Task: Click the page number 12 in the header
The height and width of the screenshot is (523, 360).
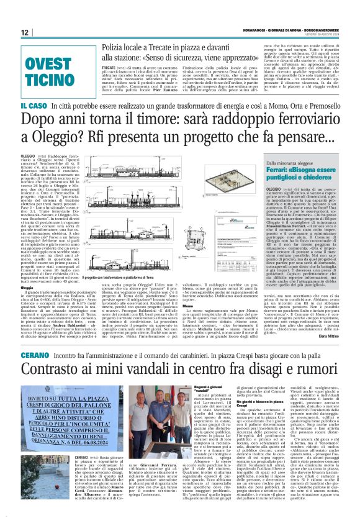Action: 24,32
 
